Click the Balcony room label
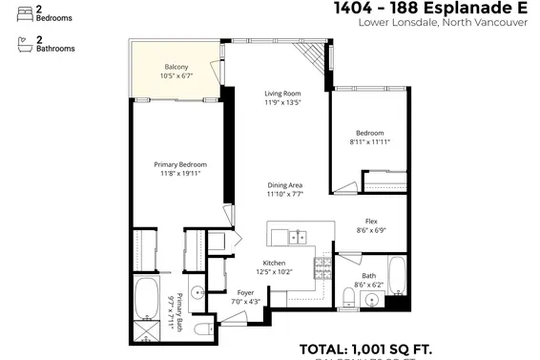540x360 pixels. point(177,66)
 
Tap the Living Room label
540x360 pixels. point(282,93)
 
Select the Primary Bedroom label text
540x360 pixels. point(180,164)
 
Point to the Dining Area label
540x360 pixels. point(284,185)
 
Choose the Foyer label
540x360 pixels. point(245,293)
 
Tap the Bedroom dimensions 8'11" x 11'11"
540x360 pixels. point(369,141)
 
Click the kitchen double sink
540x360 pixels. point(297,235)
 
